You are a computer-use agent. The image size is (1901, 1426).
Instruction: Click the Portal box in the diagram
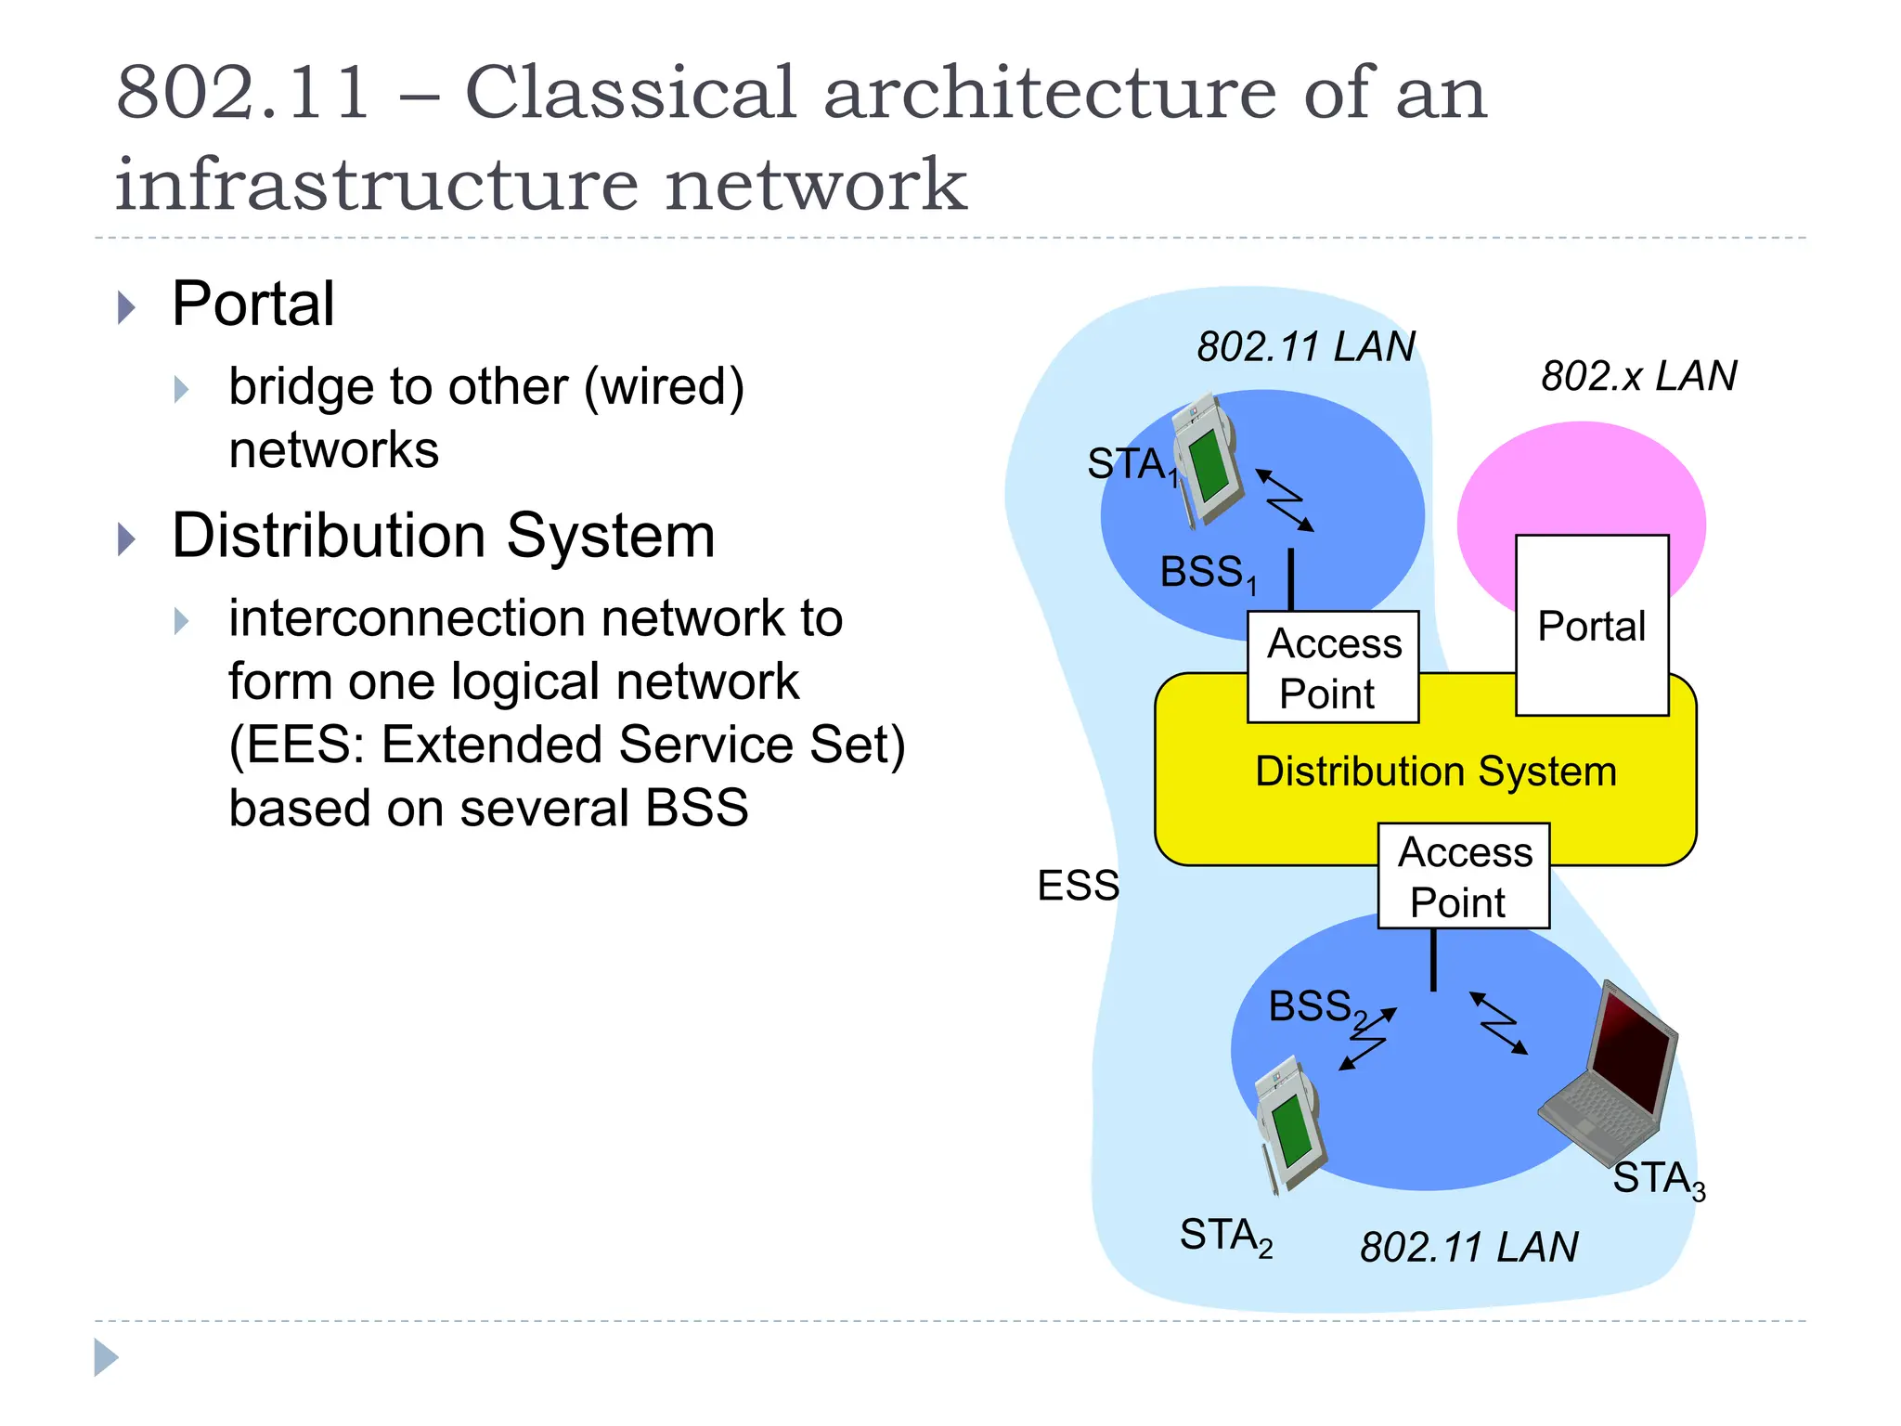point(1592,625)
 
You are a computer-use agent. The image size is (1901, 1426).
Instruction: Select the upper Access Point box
point(1333,667)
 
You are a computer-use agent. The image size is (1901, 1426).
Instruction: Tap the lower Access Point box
point(1464,875)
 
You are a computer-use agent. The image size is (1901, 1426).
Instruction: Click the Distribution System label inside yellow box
point(1435,771)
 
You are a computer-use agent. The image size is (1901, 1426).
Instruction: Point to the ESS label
point(1078,885)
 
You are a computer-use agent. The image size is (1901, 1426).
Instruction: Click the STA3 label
point(1658,1179)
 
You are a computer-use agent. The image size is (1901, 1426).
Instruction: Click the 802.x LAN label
point(1638,376)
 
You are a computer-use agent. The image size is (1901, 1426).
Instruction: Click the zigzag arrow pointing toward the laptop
point(1498,1022)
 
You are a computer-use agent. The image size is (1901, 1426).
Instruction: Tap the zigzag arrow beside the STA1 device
point(1286,499)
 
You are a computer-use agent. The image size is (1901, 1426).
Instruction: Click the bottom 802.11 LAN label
point(1468,1246)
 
